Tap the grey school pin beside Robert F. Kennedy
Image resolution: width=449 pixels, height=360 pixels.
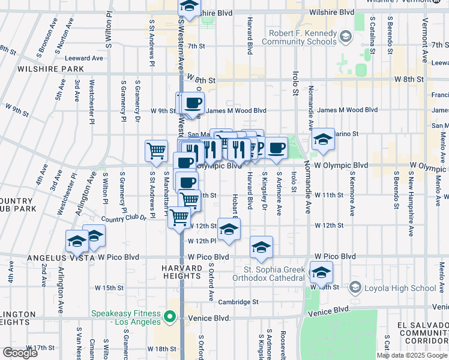tap(345, 37)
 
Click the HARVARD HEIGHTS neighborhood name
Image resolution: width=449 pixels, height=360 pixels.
tap(181, 271)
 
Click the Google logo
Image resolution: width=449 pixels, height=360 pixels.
tap(20, 352)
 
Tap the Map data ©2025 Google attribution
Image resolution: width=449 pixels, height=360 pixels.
tap(412, 355)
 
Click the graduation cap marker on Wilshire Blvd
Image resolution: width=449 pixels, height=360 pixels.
tap(190, 8)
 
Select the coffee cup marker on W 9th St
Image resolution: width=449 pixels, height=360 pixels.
tap(192, 103)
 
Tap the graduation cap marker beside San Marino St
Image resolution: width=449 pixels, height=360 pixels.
tap(323, 140)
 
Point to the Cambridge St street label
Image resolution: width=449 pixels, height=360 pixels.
tap(238, 302)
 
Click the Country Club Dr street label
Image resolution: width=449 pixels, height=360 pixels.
tap(124, 219)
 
